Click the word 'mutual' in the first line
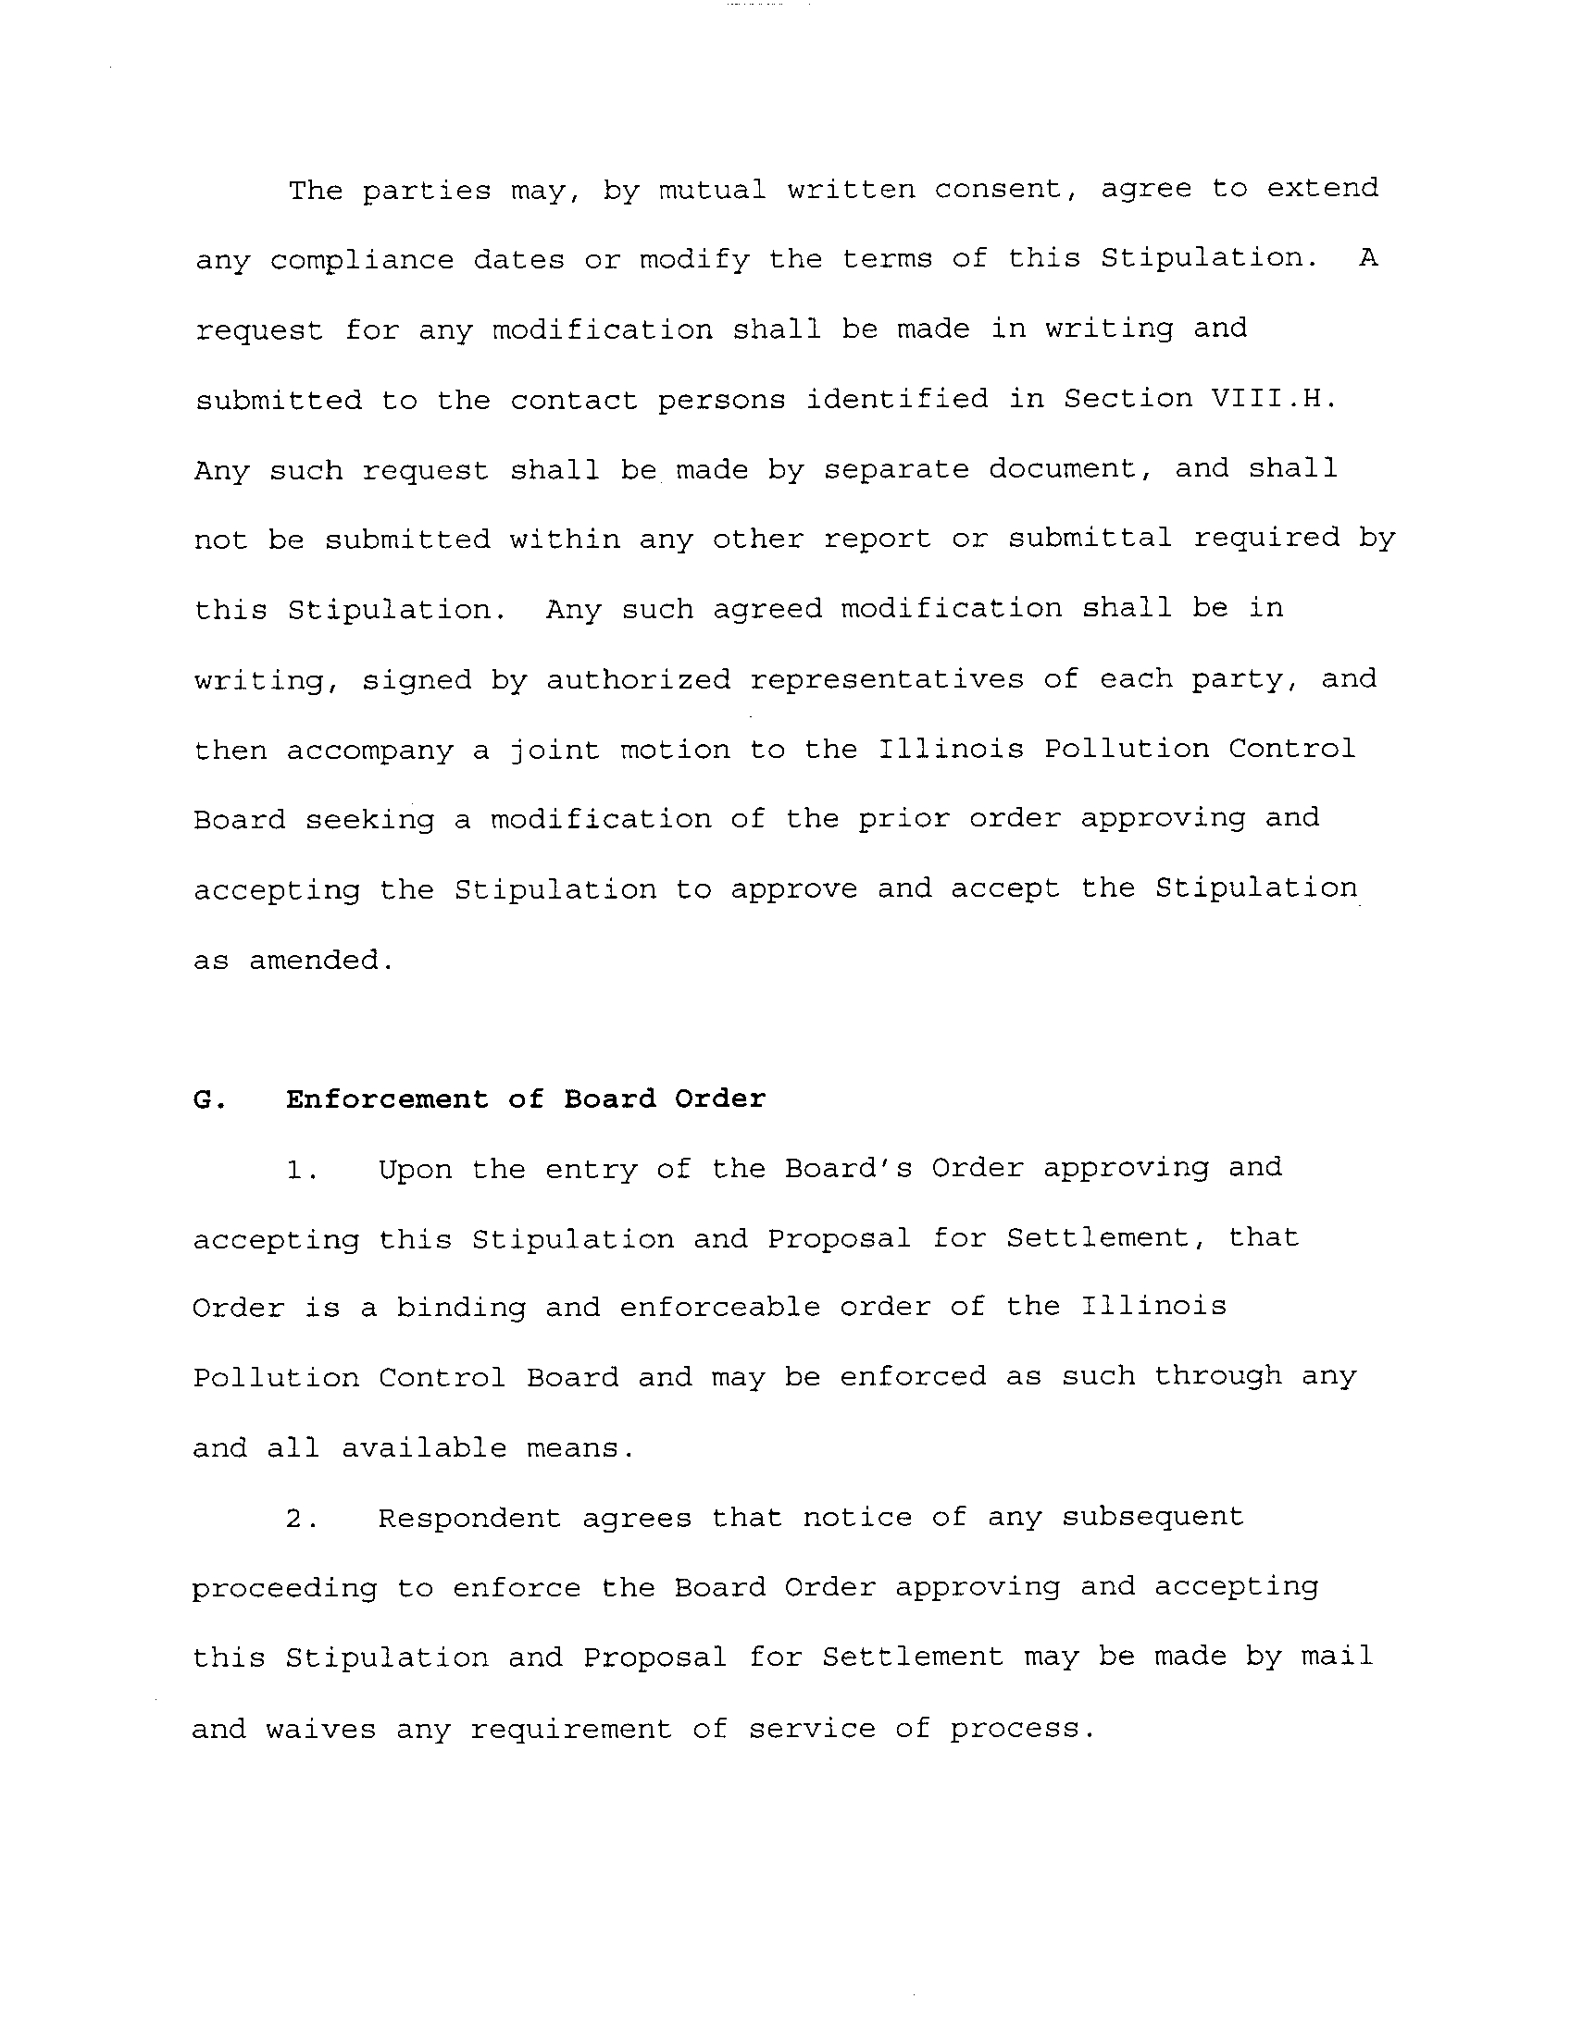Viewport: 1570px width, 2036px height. pyautogui.click(x=712, y=189)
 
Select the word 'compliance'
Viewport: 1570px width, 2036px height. pyautogui.click(x=362, y=260)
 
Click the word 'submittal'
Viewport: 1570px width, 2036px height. pyautogui.click(x=1089, y=539)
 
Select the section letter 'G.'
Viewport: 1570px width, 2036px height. pyautogui.click(x=209, y=1100)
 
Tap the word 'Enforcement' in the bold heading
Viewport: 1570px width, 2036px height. pyautogui.click(x=387, y=1099)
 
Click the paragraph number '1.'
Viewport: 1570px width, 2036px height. pyautogui.click(x=302, y=1170)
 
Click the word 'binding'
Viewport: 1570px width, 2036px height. pyautogui.click(x=461, y=1308)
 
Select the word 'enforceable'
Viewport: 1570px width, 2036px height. pyautogui.click(x=720, y=1308)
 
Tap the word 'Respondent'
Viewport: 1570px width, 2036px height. pyautogui.click(x=470, y=1519)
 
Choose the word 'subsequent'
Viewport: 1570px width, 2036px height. pyautogui.click(x=1153, y=1519)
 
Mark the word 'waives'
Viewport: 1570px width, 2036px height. pyautogui.click(x=320, y=1730)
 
